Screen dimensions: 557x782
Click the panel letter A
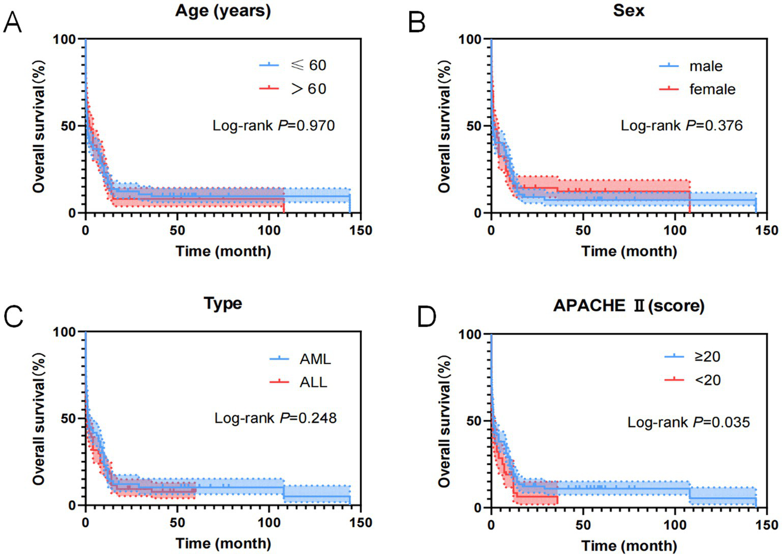pyautogui.click(x=13, y=23)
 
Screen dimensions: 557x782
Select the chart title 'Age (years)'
pyautogui.click(x=223, y=11)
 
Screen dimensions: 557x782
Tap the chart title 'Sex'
pyautogui.click(x=629, y=11)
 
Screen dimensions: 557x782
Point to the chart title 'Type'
pyautogui.click(x=223, y=303)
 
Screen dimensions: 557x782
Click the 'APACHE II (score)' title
pyautogui.click(x=629, y=305)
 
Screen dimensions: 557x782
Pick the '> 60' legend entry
pyautogui.click(x=308, y=89)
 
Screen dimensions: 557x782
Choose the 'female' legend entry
pyautogui.click(x=712, y=89)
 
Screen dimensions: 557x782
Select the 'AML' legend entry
pyautogui.click(x=315, y=359)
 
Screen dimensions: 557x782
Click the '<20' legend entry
pyautogui.click(x=708, y=380)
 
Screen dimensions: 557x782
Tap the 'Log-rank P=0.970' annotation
pyautogui.click(x=274, y=125)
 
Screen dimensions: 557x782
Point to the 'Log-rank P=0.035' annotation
pyautogui.click(x=688, y=422)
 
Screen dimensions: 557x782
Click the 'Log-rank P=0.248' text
pyautogui.click(x=275, y=418)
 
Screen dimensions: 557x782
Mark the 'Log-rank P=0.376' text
pyautogui.click(x=681, y=125)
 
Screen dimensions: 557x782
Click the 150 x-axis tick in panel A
pyautogui.click(x=361, y=230)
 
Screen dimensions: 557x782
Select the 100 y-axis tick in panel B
pyautogui.click(x=469, y=39)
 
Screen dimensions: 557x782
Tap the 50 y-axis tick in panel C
pyautogui.click(x=68, y=418)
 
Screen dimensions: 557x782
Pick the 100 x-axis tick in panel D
pyautogui.click(x=675, y=525)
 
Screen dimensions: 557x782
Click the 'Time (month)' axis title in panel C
pyautogui.click(x=223, y=543)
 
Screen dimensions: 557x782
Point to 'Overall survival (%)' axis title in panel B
pyautogui.click(x=444, y=126)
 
